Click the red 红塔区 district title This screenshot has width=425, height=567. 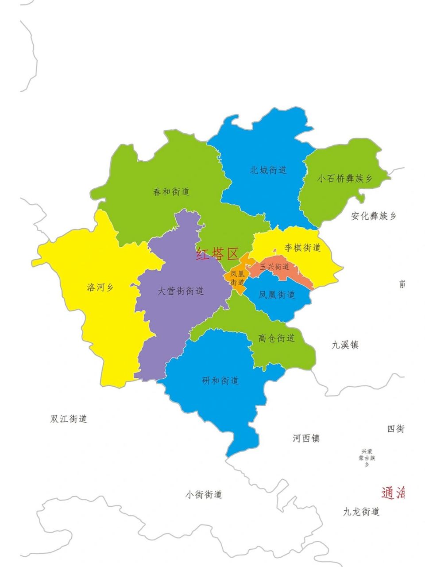click(217, 254)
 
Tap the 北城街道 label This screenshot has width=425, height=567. click(268, 170)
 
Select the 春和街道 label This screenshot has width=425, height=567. click(171, 192)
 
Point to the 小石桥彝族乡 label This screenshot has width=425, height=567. click(345, 179)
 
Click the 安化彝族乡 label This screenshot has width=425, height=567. click(373, 216)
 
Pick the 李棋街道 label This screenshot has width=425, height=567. click(302, 248)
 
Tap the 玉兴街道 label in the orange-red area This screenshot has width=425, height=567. click(274, 267)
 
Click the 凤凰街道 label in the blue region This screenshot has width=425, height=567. click(277, 295)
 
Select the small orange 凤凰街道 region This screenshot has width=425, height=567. click(237, 278)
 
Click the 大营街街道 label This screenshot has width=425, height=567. click(181, 291)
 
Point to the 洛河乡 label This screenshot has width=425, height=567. click(100, 287)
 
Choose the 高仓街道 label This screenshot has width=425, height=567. click(276, 338)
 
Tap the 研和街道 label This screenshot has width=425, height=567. click(220, 381)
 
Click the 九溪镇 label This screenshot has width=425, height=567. click(345, 345)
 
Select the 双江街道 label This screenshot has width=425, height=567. click(69, 419)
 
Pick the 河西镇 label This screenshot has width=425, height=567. click(306, 439)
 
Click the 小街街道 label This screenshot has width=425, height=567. click(204, 494)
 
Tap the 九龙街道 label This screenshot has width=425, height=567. click(361, 512)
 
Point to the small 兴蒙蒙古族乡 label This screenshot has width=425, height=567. click(367, 457)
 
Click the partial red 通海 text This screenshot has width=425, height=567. click(393, 493)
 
